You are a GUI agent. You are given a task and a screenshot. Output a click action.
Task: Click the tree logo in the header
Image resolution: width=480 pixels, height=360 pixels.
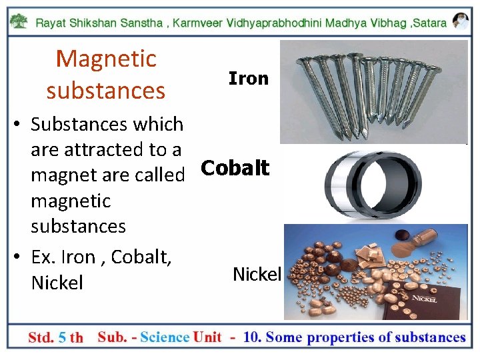[x=21, y=22]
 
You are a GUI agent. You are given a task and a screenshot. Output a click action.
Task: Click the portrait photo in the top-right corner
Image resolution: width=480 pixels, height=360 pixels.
[x=460, y=21]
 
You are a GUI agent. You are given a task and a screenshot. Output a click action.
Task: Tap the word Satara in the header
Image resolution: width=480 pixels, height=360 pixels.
[x=431, y=23]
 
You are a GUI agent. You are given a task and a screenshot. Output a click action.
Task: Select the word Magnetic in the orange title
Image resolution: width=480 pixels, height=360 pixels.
[x=106, y=59]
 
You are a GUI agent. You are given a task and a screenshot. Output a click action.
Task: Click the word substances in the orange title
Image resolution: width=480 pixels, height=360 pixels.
[x=106, y=90]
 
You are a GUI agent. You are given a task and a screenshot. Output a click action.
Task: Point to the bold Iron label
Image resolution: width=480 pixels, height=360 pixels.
[x=248, y=79]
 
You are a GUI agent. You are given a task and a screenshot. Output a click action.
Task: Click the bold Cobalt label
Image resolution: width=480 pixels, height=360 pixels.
[x=235, y=169]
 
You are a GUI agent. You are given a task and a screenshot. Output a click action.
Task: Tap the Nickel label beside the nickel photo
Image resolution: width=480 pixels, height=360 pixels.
[x=257, y=273]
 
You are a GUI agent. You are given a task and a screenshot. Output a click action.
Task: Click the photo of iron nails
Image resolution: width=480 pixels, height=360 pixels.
[x=373, y=91]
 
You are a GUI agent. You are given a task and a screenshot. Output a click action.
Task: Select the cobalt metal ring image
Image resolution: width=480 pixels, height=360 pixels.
[x=373, y=184]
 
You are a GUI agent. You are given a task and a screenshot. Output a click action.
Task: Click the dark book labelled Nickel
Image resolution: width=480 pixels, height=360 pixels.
[x=434, y=297]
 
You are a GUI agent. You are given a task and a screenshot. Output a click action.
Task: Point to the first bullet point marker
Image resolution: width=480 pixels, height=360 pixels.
[x=18, y=125]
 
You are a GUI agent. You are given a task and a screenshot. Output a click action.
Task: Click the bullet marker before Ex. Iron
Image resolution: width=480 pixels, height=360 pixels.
[x=18, y=257]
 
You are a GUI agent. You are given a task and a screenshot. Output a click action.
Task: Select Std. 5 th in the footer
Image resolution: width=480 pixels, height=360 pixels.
[x=55, y=337]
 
